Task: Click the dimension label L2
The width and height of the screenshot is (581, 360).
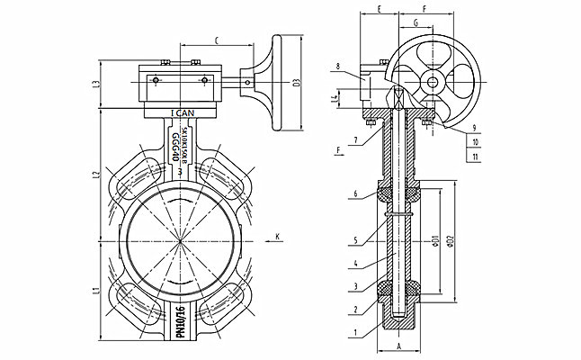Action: pyautogui.click(x=94, y=175)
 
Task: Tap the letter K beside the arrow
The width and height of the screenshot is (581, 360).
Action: pyautogui.click(x=277, y=237)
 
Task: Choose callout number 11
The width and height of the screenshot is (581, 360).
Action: pyautogui.click(x=473, y=156)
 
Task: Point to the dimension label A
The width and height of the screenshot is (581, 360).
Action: pyautogui.click(x=398, y=345)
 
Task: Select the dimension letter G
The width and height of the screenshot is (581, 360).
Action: pyautogui.click(x=416, y=21)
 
